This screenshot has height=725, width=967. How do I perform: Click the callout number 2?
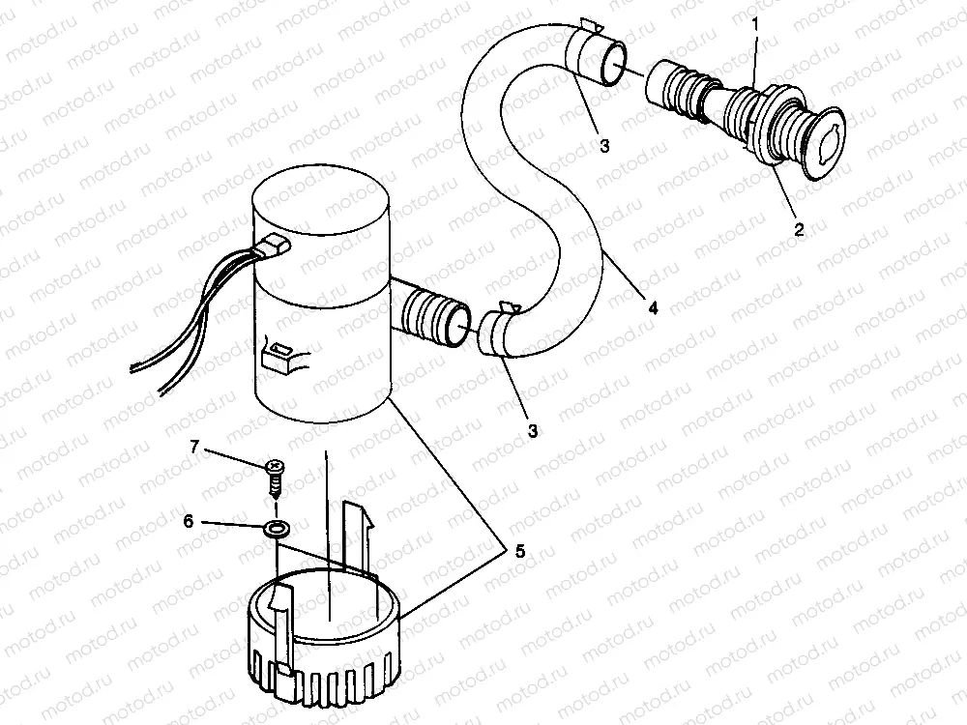coord(799,231)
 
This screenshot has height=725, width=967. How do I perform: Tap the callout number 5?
coord(519,551)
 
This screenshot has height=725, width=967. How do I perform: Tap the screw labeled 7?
coord(275,475)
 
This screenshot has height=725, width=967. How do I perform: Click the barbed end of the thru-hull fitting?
coord(672,85)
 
